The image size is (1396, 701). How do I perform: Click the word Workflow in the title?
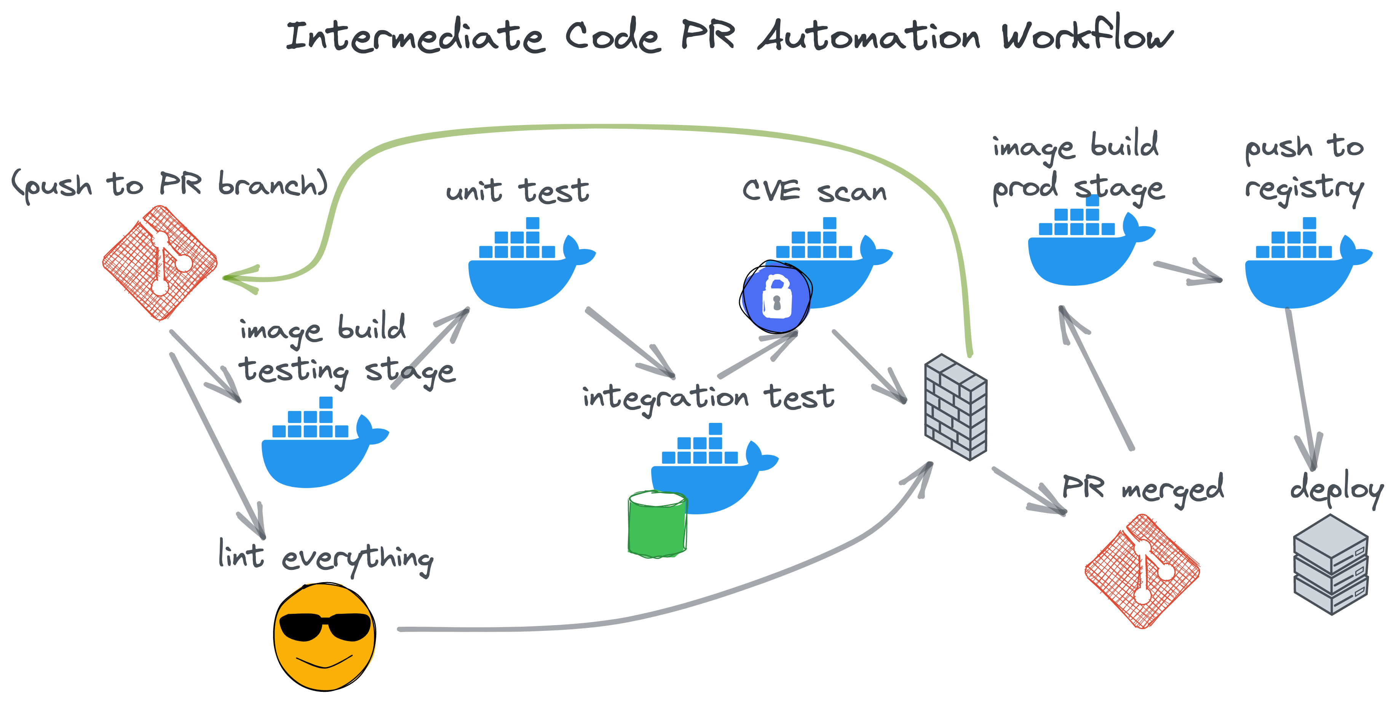(x=1086, y=35)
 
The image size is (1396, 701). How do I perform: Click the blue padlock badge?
(x=776, y=297)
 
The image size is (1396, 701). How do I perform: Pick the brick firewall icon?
(x=955, y=407)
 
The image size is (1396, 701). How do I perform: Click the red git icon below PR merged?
(x=1142, y=571)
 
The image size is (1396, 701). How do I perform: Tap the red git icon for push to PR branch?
(x=160, y=263)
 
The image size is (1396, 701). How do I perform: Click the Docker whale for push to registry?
(x=1306, y=266)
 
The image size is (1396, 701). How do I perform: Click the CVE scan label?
(x=814, y=191)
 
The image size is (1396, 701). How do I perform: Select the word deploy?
(x=1336, y=490)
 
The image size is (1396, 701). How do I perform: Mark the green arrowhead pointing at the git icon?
(x=238, y=278)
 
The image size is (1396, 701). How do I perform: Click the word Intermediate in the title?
(x=415, y=37)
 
